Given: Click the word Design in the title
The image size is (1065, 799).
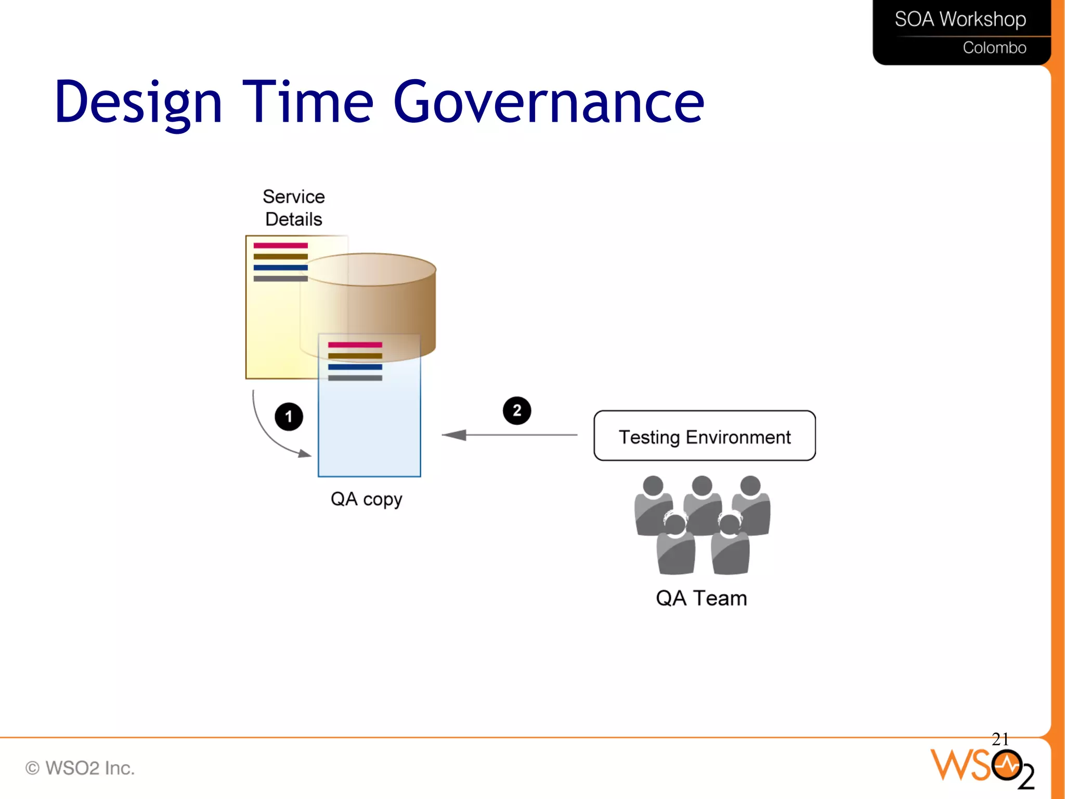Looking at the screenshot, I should point(138,103).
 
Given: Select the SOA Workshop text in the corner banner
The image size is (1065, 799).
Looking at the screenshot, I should point(960,19).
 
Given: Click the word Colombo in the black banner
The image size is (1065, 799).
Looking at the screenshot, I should point(994,48).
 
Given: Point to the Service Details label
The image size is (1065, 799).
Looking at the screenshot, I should point(293,208).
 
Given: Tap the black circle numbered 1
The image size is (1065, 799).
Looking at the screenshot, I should point(289,416).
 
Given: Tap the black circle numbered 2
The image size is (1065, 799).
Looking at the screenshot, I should point(516,411).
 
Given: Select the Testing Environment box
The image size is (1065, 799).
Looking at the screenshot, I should point(704,436).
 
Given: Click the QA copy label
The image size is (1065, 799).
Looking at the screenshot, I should point(366,499).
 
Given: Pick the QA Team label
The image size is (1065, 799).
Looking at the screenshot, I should point(701,598).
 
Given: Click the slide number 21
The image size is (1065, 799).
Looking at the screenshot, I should point(1000,739).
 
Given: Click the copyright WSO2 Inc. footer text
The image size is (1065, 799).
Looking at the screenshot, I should point(80,768).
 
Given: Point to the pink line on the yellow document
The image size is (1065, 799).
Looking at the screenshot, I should point(280,245).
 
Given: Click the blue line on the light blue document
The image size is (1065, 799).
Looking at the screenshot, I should point(355,367).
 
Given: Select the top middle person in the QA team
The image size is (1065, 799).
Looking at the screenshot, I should point(702,505).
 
